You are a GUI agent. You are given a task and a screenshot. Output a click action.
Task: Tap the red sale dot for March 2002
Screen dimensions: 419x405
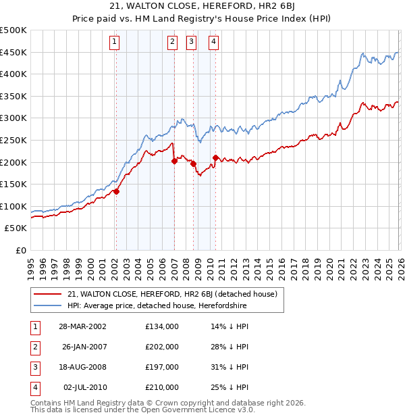(x=116, y=191)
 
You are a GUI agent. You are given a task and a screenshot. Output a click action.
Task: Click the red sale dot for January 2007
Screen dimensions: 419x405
(x=174, y=161)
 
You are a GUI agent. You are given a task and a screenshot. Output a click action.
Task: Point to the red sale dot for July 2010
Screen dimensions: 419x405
(x=215, y=157)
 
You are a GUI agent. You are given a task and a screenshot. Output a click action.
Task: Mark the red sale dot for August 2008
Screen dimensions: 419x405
(x=193, y=164)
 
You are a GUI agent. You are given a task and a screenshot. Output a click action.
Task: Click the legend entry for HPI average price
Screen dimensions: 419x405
(x=157, y=305)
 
